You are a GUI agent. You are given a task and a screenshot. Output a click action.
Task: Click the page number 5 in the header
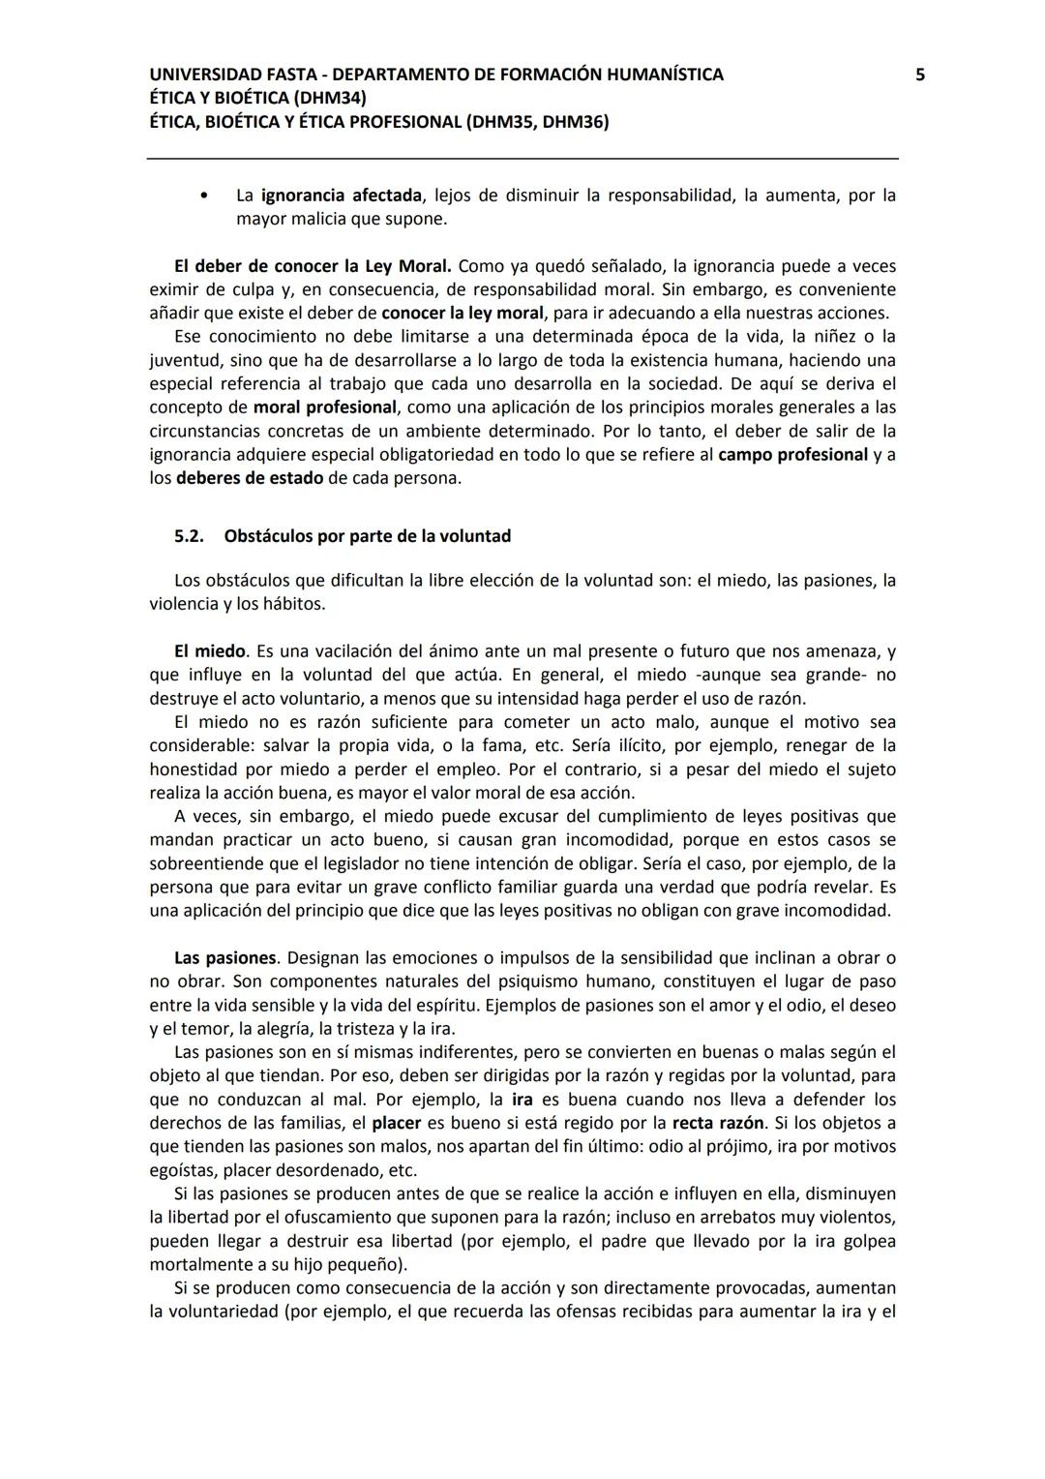click(920, 75)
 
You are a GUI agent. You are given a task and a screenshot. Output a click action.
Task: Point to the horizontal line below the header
click(522, 159)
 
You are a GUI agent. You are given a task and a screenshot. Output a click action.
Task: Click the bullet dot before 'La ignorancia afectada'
click(202, 196)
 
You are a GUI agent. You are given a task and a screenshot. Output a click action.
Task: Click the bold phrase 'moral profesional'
click(325, 407)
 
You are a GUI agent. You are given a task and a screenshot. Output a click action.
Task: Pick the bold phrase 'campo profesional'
click(792, 455)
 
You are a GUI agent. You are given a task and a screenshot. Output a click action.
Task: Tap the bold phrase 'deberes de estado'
click(250, 478)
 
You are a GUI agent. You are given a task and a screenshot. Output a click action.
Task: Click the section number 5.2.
click(189, 536)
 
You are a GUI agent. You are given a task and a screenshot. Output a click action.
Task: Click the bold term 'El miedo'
click(210, 651)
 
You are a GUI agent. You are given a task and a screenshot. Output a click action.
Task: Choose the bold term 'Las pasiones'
click(224, 958)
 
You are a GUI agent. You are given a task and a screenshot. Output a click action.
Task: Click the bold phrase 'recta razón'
click(718, 1123)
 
